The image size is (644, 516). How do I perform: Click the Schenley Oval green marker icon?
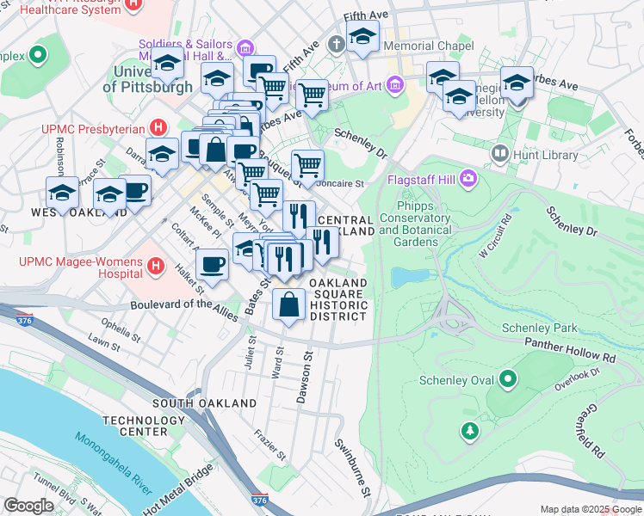508,379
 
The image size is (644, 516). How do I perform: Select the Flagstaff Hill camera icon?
468,179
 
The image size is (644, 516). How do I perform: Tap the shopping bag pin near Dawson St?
288,304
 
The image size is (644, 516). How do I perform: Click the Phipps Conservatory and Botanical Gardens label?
414,218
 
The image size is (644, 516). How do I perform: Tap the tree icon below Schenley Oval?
470,430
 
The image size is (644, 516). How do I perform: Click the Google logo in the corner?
29,506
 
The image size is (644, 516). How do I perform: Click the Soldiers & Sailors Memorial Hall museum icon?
245,46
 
